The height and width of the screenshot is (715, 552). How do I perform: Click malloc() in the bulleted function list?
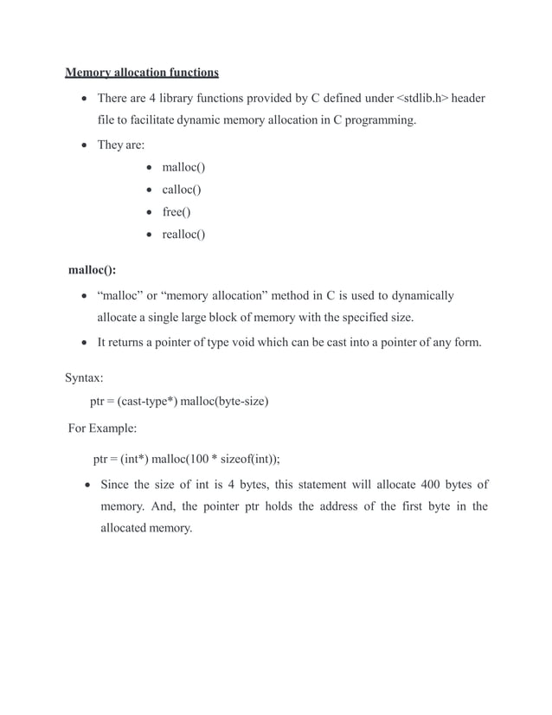[183, 167]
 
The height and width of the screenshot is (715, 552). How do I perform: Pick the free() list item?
[177, 212]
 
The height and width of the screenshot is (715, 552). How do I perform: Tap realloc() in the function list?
[183, 235]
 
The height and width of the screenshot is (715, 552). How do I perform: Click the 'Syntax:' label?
[85, 378]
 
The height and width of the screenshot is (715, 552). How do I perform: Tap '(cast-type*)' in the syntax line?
[142, 402]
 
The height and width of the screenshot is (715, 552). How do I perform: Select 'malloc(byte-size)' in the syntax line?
[224, 402]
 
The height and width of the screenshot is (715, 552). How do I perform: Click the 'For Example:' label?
[102, 428]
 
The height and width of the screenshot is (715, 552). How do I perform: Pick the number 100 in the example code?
[210, 459]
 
